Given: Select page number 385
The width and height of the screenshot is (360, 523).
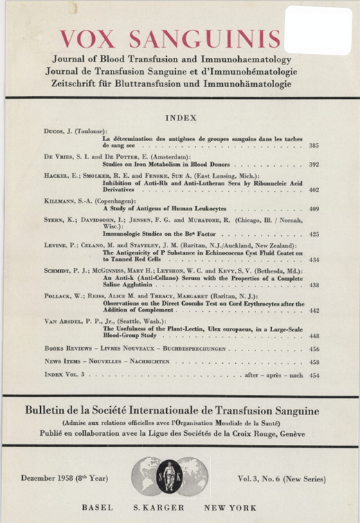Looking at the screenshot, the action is [314, 147].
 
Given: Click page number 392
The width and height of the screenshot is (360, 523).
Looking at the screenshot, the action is [314, 165].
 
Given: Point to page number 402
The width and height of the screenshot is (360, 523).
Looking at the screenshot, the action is [314, 190].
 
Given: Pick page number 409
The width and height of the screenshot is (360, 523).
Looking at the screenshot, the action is [314, 208].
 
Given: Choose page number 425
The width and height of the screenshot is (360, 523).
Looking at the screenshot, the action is [314, 234].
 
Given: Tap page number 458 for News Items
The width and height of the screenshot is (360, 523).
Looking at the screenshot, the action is [314, 362].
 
